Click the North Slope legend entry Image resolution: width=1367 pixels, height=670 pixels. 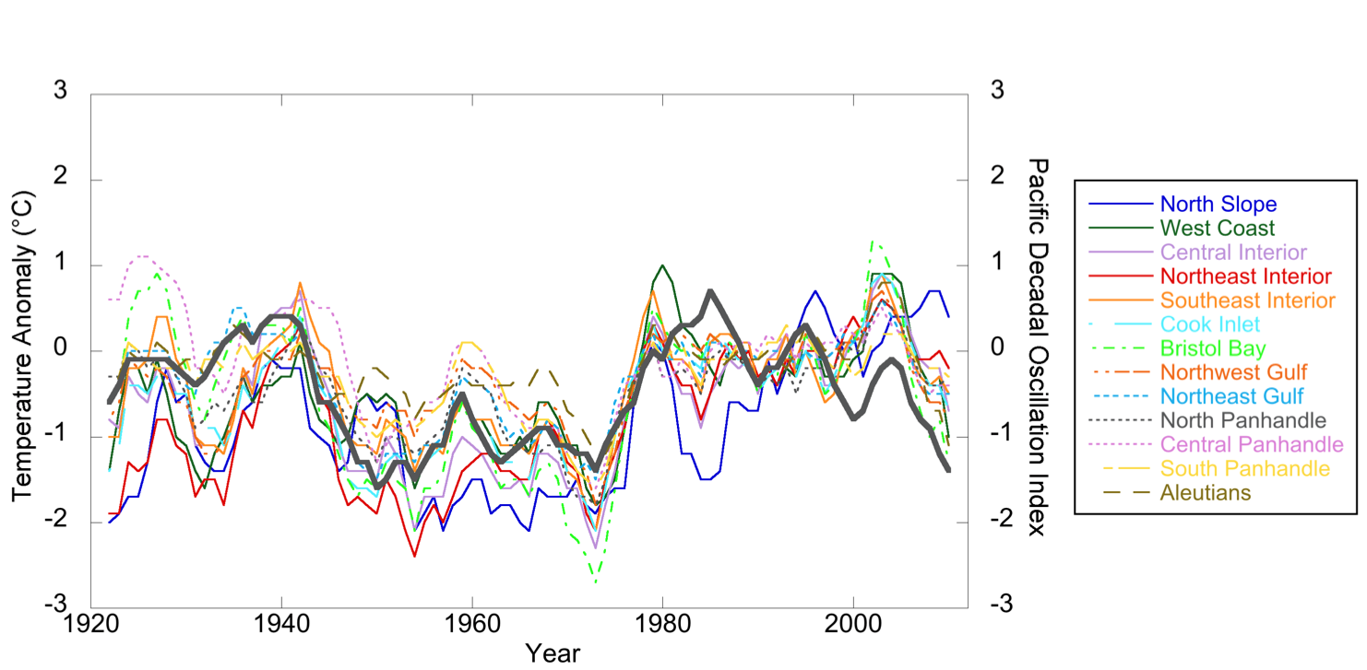point(1218,204)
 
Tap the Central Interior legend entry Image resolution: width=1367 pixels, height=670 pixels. point(1233,252)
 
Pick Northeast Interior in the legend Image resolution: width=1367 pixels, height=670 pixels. point(1245,276)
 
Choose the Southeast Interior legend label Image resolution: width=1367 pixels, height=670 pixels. point(1248,300)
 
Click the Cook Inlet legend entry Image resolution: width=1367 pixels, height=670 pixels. point(1209,324)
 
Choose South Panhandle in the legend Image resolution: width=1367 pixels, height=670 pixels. point(1239,469)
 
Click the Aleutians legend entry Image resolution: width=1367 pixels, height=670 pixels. point(1206,493)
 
